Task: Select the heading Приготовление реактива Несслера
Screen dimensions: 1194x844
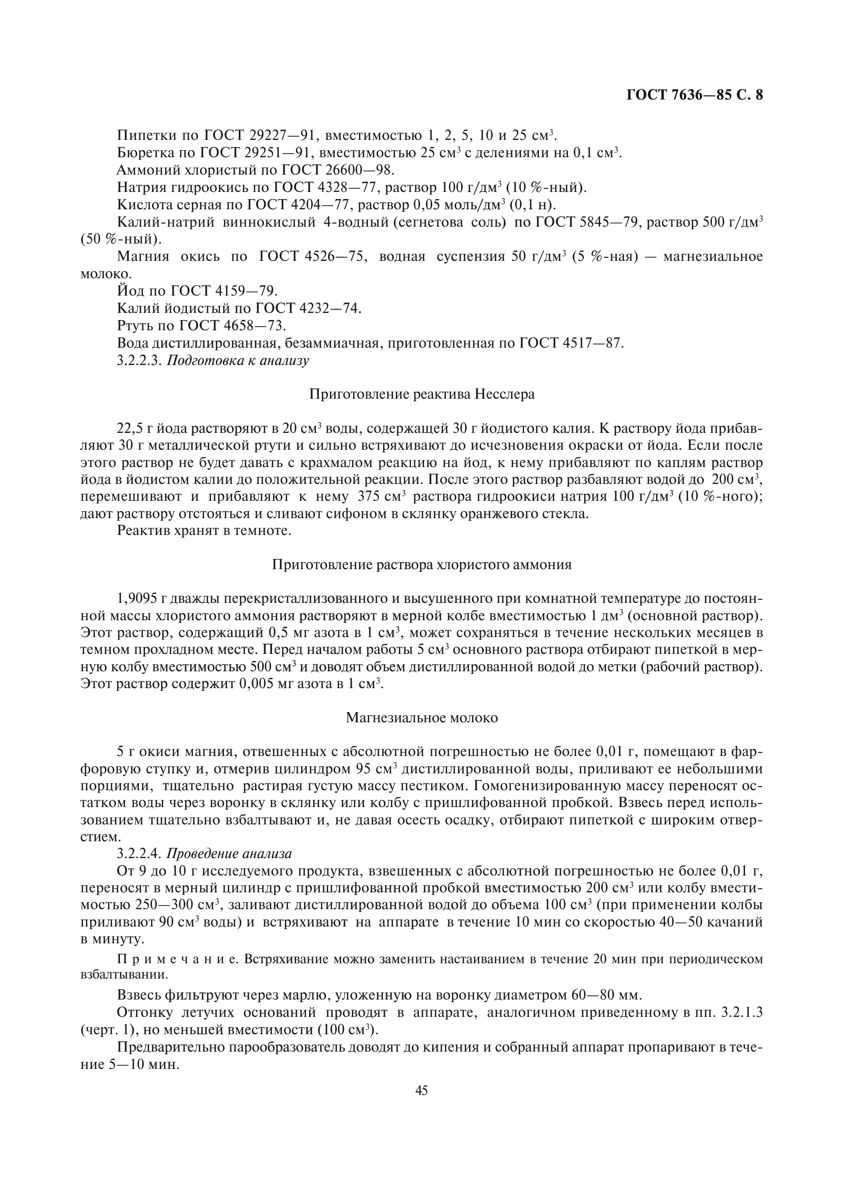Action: [x=421, y=394]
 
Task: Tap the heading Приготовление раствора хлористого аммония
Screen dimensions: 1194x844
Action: [x=421, y=565]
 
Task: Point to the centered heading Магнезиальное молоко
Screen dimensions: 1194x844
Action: [x=421, y=718]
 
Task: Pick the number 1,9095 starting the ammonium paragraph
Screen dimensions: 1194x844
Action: [x=137, y=599]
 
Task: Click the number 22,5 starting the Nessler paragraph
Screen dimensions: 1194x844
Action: [x=130, y=428]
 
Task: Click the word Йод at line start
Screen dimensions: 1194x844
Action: [x=129, y=290]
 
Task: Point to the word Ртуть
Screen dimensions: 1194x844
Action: [x=134, y=326]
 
